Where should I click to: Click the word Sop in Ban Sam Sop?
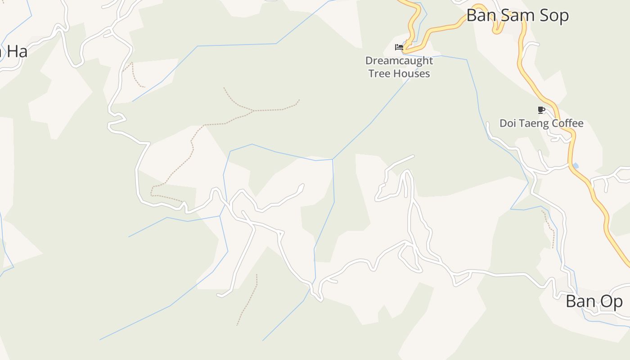pyautogui.click(x=554, y=16)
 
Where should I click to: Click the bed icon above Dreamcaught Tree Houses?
pyautogui.click(x=399, y=47)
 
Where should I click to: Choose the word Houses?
pyautogui.click(x=413, y=74)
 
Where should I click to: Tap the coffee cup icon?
pyautogui.click(x=541, y=110)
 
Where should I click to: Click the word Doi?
pyautogui.click(x=508, y=123)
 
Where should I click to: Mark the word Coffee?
pyautogui.click(x=568, y=123)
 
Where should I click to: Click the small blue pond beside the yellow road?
pyautogui.click(x=575, y=166)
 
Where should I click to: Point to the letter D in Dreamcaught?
pyautogui.click(x=369, y=61)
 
